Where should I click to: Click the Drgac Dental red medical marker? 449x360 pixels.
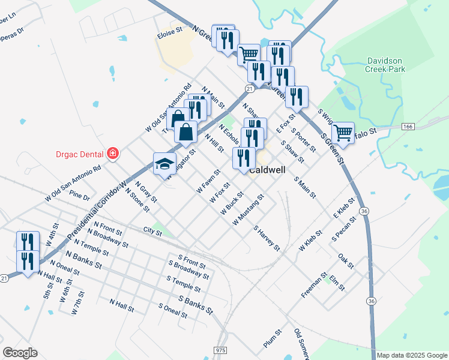click(112, 154)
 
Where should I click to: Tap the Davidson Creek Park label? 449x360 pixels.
click(385, 65)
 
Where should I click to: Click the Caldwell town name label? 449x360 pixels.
click(267, 170)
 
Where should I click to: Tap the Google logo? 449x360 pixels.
click(20, 353)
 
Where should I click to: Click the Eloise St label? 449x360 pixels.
click(169, 34)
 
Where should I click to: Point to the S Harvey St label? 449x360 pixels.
click(267, 238)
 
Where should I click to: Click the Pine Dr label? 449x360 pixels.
click(79, 196)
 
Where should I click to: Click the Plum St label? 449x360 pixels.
click(272, 339)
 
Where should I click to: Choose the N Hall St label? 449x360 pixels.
click(121, 306)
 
